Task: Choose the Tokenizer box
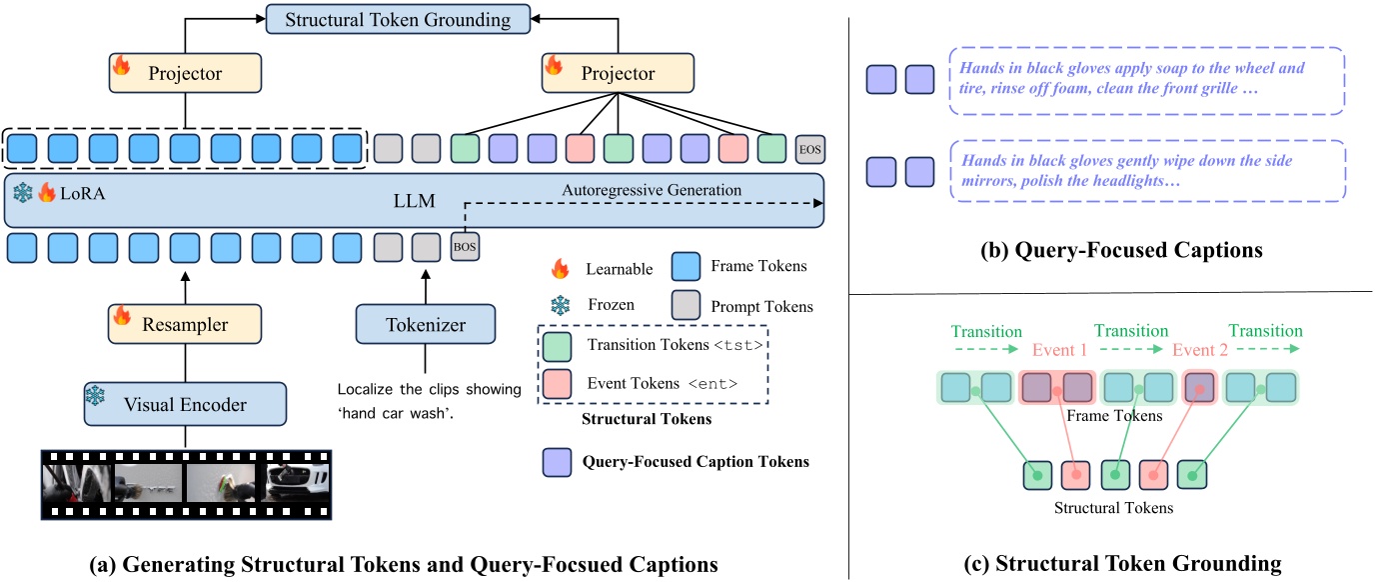[426, 324]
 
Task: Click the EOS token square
[809, 150]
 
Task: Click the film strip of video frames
[185, 484]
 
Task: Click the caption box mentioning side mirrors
[1147, 171]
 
